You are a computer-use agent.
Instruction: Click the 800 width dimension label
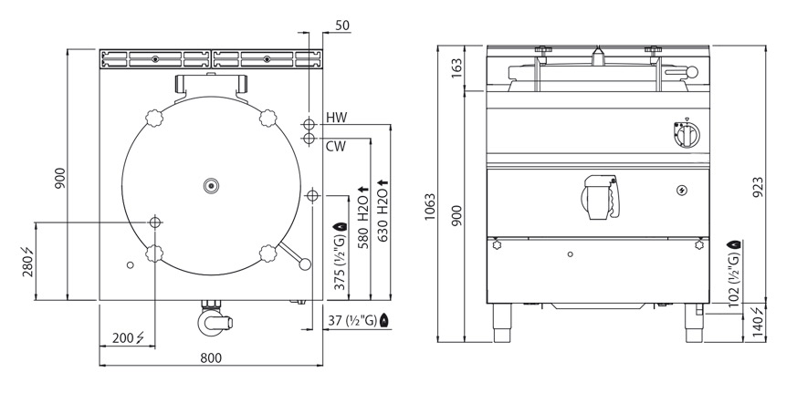(211, 358)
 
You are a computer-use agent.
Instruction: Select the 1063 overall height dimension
(431, 207)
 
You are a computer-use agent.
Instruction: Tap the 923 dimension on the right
(758, 187)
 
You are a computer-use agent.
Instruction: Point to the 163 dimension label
(457, 68)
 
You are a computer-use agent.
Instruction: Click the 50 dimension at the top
(342, 26)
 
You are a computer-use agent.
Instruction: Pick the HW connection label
(337, 118)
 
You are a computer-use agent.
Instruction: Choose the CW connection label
(335, 147)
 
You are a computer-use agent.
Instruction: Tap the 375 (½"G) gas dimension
(340, 256)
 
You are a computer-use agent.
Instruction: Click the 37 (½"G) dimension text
(359, 321)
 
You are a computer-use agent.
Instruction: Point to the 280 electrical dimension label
(27, 262)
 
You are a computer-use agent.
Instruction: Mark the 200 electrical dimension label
(128, 337)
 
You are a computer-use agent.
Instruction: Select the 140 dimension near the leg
(758, 324)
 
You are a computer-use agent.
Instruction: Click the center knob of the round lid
(211, 186)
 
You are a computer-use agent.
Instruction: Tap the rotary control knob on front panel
(687, 134)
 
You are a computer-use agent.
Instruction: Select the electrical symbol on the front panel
(681, 190)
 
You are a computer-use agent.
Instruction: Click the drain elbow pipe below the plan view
(214, 319)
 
